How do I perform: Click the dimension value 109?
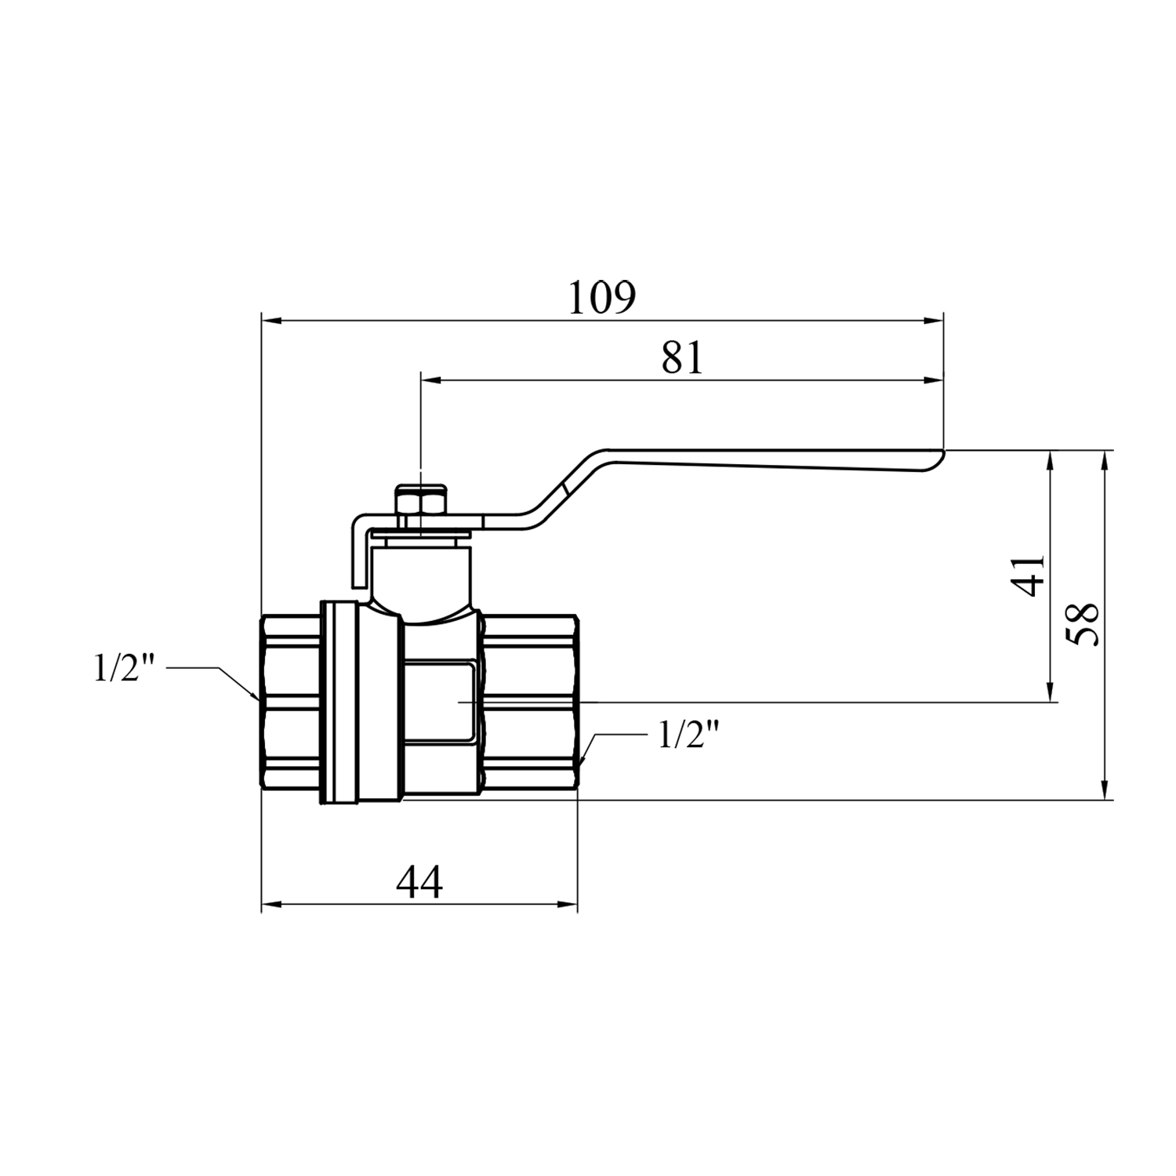coord(602,297)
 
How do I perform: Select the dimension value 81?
coord(683,358)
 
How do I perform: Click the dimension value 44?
coord(419,883)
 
